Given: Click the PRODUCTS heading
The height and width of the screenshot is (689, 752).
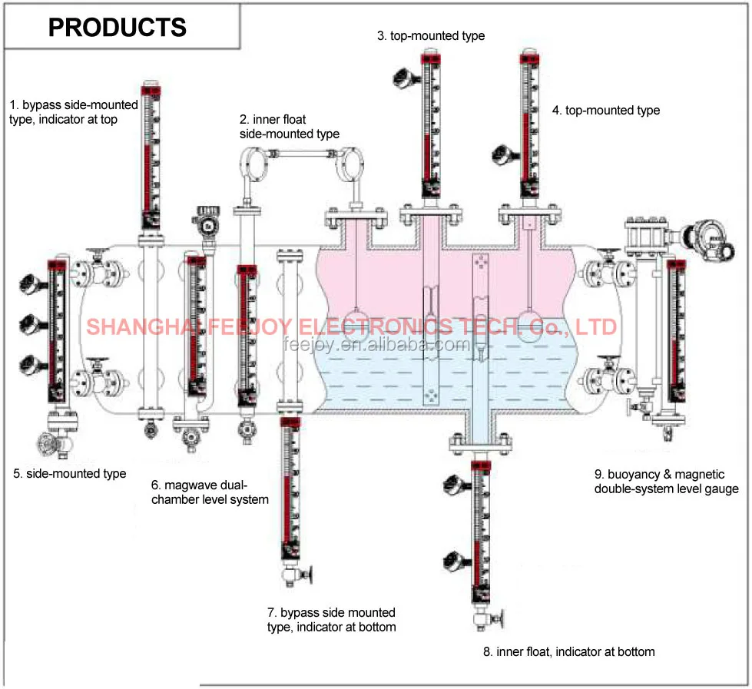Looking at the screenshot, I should click(117, 28).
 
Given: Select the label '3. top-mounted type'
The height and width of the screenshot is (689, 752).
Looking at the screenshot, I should click(431, 35).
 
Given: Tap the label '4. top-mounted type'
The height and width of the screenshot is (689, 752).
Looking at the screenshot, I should click(606, 111).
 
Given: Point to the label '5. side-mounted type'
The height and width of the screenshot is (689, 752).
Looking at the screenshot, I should click(70, 473).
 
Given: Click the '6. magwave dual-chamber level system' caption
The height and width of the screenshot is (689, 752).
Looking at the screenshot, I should click(210, 492).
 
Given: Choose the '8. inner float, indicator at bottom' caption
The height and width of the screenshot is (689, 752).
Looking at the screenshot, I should click(569, 652).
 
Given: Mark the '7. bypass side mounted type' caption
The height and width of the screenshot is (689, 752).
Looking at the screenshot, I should click(332, 619).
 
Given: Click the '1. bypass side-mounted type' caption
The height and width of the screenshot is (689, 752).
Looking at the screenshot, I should click(74, 112).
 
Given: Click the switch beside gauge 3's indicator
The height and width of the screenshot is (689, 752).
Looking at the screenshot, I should click(403, 76).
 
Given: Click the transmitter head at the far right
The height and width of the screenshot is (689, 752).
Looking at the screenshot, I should click(707, 237).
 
